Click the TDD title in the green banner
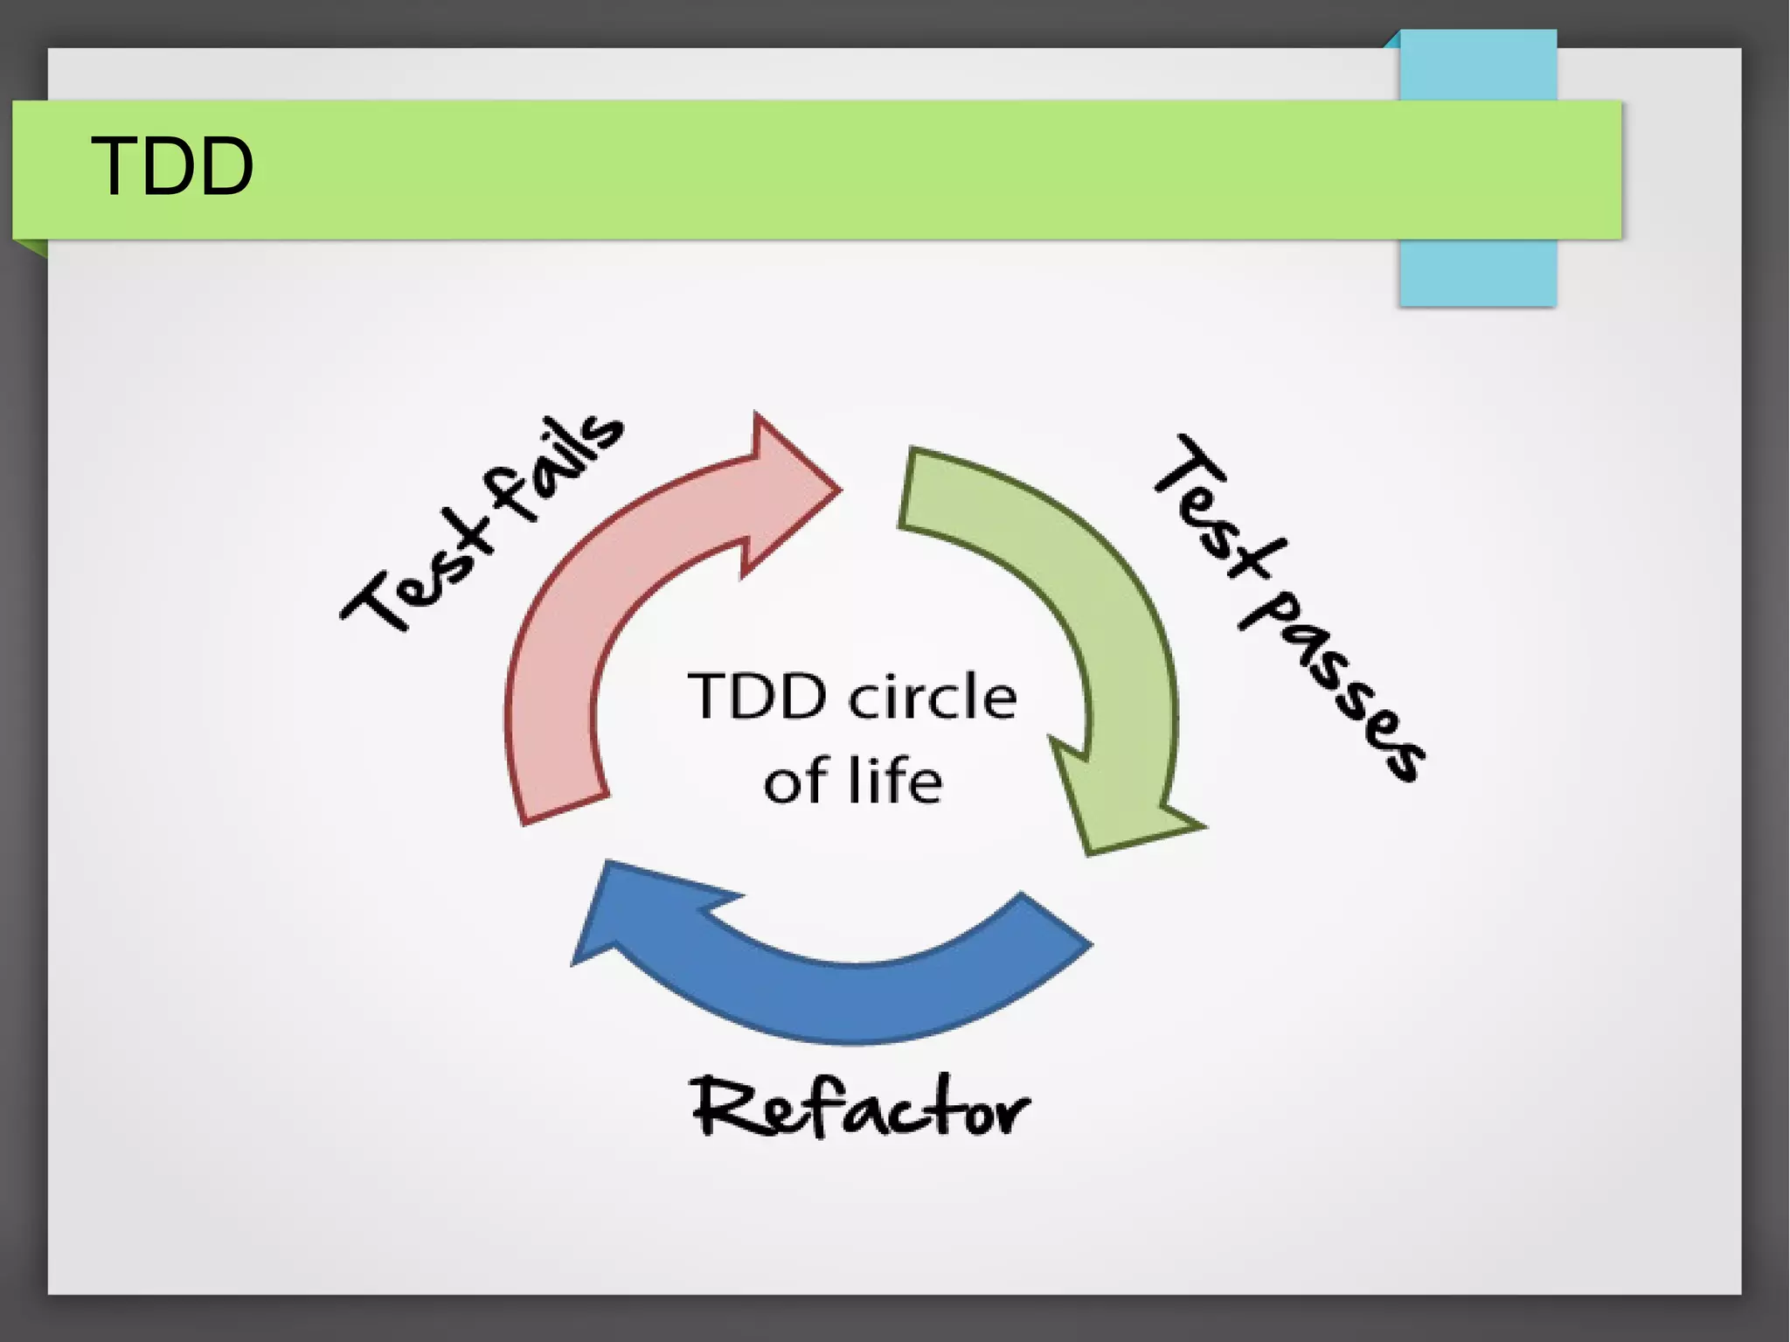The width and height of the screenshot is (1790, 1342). coord(172,166)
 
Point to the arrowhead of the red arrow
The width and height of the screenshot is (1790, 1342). coord(791,490)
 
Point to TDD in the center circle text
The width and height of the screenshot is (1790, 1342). coord(757,698)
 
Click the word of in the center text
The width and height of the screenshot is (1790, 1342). coord(795,782)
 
